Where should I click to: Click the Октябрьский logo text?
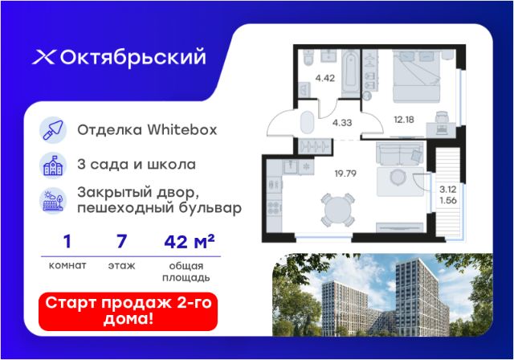click(x=133, y=58)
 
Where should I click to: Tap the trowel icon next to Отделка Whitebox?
click(x=53, y=130)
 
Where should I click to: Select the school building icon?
click(x=53, y=166)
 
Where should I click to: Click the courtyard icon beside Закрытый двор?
click(x=53, y=201)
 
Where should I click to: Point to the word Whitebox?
click(x=182, y=130)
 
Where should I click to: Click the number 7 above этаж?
click(x=121, y=241)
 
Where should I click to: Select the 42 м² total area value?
click(x=190, y=241)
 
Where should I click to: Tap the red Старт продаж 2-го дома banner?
click(x=128, y=312)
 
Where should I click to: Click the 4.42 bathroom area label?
click(x=324, y=79)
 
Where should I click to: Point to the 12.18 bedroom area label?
click(x=404, y=120)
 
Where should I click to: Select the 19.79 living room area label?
click(x=345, y=174)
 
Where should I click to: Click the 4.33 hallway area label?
click(x=342, y=123)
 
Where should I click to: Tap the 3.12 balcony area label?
click(x=448, y=189)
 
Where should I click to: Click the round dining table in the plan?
click(x=337, y=211)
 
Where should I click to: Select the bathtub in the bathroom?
click(x=350, y=73)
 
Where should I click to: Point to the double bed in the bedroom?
click(x=416, y=76)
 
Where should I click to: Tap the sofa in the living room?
click(x=400, y=153)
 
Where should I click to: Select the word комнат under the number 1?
click(x=67, y=265)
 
